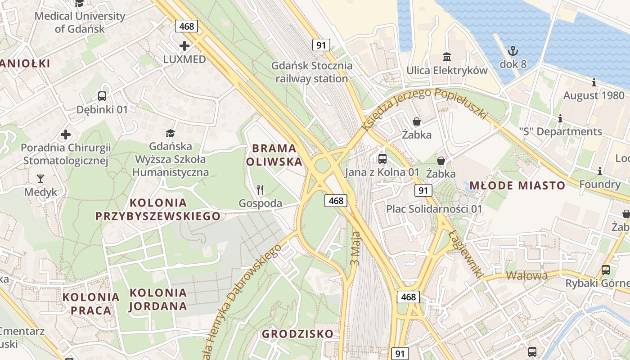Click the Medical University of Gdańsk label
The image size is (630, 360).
click(80, 22)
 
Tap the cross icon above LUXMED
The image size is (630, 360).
click(184, 45)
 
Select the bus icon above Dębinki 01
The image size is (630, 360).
click(102, 96)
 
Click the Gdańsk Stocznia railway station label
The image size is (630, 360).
click(312, 72)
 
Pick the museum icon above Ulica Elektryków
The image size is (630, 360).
click(447, 57)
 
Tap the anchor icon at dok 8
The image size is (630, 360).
click(513, 50)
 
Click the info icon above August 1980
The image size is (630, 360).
click(594, 82)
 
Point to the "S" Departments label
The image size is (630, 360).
click(560, 131)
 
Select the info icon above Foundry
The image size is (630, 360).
click(599, 171)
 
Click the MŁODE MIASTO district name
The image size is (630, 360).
click(517, 185)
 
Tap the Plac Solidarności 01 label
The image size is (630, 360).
click(434, 209)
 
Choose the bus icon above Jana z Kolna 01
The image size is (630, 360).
click(382, 158)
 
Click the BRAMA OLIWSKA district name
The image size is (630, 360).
click(274, 155)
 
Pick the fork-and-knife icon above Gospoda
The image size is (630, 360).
click(260, 190)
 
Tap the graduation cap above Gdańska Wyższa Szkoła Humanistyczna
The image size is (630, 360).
click(170, 133)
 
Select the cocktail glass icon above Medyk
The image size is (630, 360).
click(40, 179)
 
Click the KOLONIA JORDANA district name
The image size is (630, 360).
click(158, 299)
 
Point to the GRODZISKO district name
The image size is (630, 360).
click(298, 334)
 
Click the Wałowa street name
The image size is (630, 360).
click(527, 275)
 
